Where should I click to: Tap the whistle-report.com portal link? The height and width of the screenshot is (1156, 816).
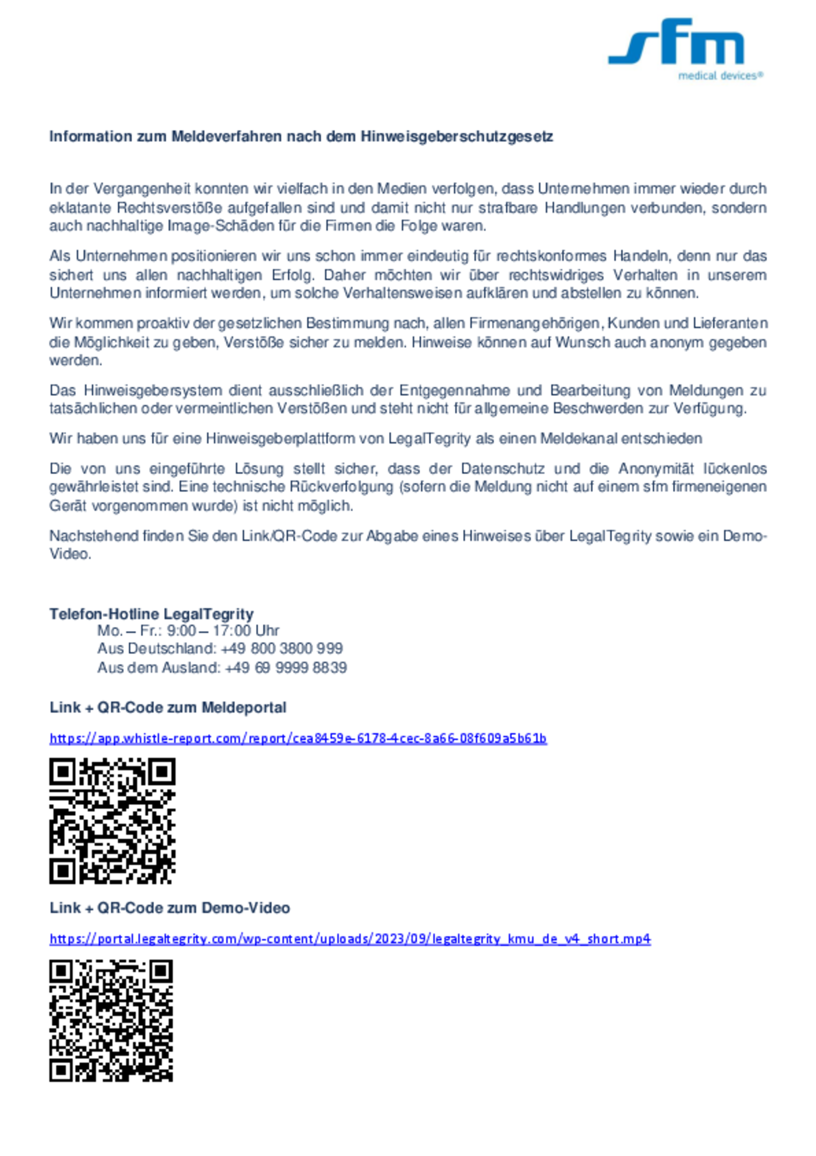point(298,739)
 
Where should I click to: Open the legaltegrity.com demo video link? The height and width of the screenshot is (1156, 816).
point(350,939)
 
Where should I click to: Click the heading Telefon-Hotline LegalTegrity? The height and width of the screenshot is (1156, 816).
point(151,614)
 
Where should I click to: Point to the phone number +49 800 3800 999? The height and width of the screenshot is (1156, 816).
point(282,649)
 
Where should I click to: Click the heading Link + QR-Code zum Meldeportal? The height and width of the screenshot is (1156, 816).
point(167,707)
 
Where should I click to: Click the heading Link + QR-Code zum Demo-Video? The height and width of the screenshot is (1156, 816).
point(170,908)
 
